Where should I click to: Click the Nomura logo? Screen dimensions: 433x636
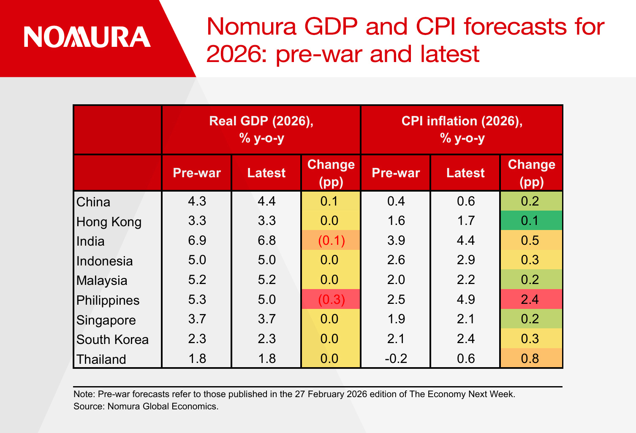point(87,37)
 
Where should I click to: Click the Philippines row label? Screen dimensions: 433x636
point(108,300)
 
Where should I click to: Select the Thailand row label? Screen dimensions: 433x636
point(101,359)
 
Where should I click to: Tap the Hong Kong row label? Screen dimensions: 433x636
point(109,222)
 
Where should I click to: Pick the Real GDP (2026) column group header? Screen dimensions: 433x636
point(261,129)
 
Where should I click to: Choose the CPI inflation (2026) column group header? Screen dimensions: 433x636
point(462,129)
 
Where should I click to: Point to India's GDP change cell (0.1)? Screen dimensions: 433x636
point(331,241)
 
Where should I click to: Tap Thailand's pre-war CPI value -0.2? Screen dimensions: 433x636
point(396,359)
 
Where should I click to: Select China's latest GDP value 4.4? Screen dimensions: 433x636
point(266,201)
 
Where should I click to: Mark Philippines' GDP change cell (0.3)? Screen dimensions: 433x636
point(331,300)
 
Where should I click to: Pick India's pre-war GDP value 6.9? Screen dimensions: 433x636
point(197,241)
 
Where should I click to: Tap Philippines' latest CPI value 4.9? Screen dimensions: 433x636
point(465,300)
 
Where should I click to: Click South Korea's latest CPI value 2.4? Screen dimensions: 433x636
point(465,339)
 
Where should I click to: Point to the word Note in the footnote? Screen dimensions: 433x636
point(84,394)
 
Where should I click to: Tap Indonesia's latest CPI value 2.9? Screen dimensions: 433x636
point(465,260)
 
